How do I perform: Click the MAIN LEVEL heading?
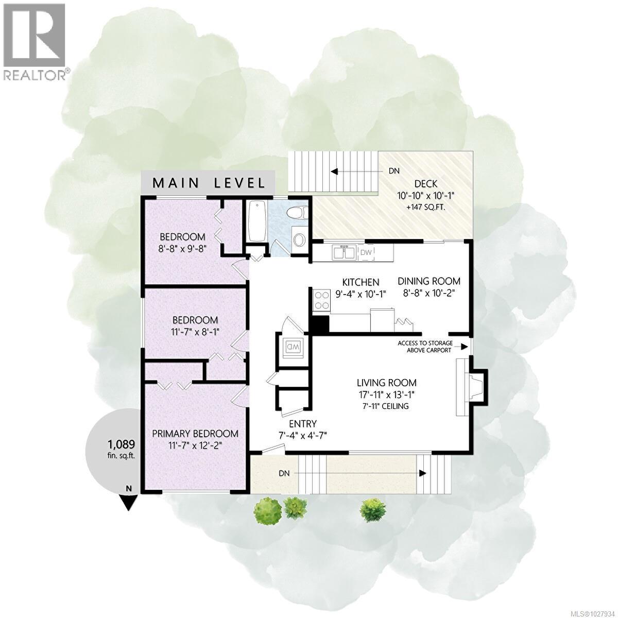coord(209,182)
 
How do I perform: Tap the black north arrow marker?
coord(129,501)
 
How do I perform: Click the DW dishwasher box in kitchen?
coord(366,252)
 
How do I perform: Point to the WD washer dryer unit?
coord(293,347)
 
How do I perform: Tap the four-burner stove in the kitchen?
coord(322,300)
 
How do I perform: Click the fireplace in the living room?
coord(470,383)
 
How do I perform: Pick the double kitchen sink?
coord(344,252)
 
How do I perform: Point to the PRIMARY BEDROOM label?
coord(195,433)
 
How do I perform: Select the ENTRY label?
coord(302,423)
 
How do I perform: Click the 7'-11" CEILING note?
coord(386,406)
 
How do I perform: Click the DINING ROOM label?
coord(429,281)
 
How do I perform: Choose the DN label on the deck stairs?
coord(394,171)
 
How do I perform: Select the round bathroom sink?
coord(298,239)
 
